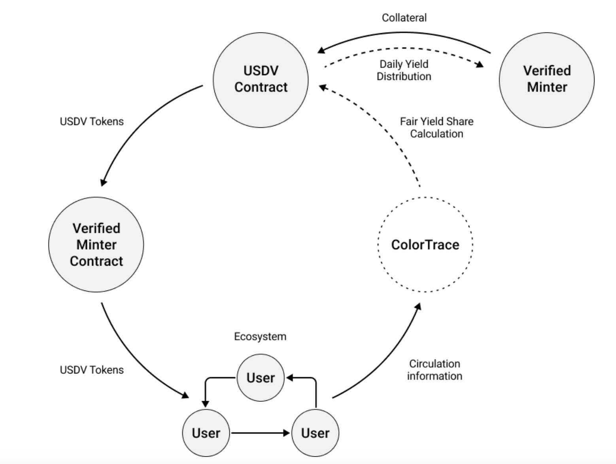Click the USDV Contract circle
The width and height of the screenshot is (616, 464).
point(261,79)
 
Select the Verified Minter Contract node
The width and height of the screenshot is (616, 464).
point(96,245)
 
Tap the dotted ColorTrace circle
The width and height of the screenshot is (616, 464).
point(425,245)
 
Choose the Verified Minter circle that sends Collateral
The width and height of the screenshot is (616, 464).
point(546,79)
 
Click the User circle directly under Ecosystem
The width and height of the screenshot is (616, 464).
point(260,378)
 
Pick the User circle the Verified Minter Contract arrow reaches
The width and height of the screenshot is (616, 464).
point(206,433)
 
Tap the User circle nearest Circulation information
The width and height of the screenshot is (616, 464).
point(315,433)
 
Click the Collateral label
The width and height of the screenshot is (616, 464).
point(404,18)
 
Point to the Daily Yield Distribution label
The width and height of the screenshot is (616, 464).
point(404,70)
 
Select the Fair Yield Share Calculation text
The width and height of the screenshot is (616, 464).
point(436,127)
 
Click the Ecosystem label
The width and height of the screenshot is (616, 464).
point(260,336)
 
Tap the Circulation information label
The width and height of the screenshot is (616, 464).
point(435,370)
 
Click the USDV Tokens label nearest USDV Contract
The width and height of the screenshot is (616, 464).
point(92,121)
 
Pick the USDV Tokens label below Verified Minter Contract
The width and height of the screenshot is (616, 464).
point(92,370)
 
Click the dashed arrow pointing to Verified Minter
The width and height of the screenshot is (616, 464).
point(403,49)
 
